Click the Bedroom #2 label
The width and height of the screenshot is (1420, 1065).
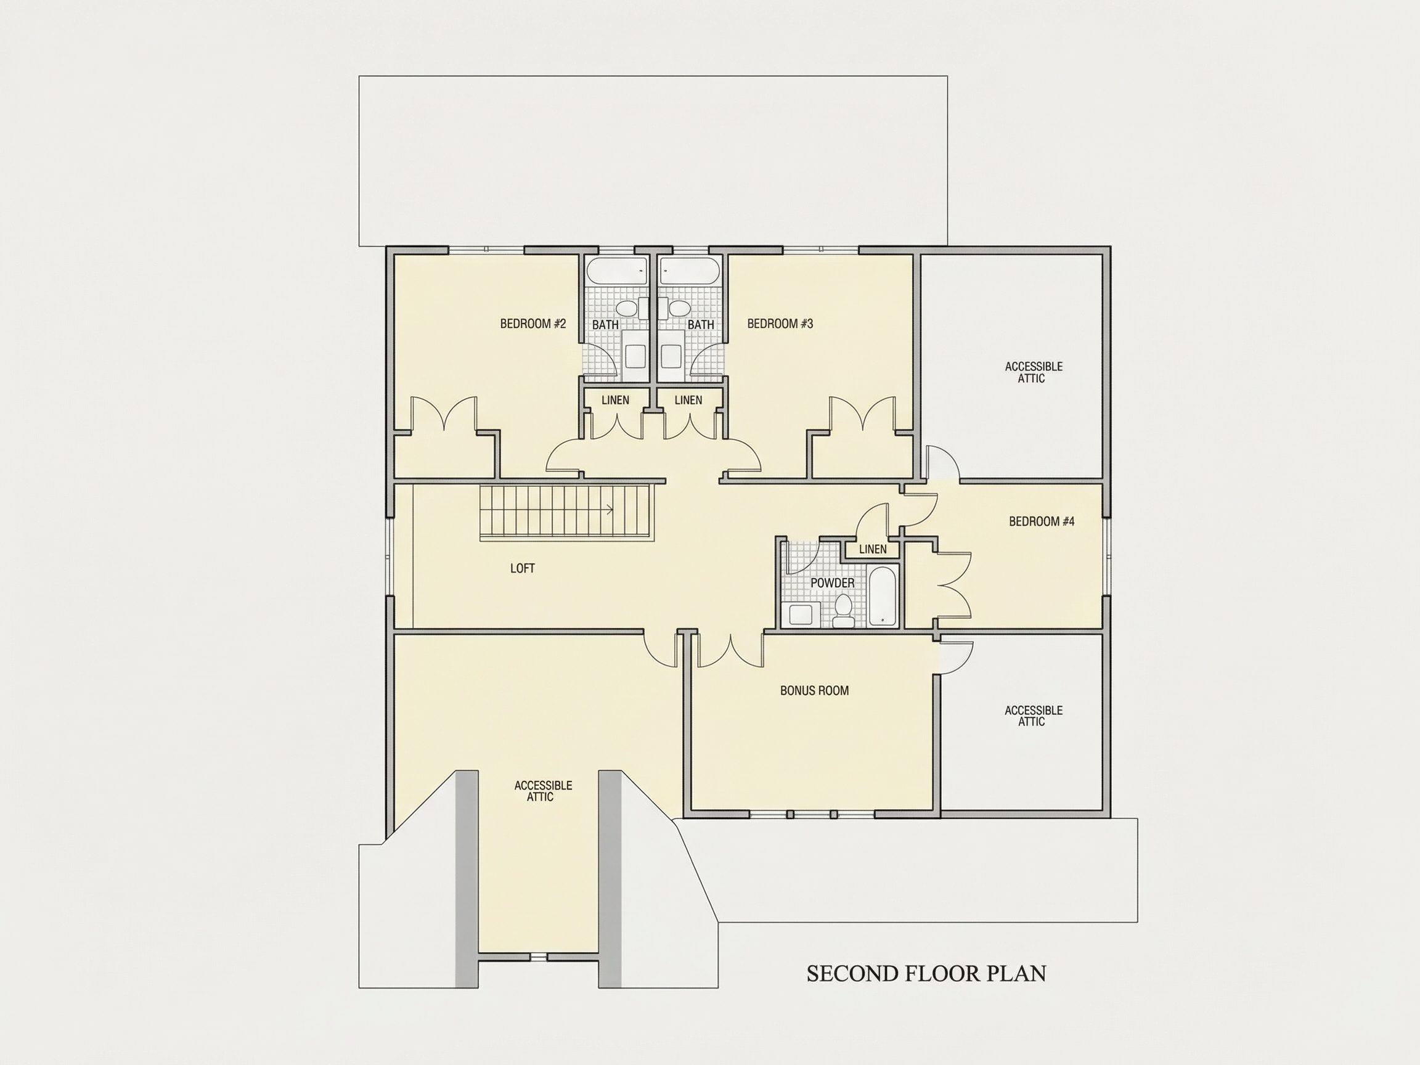pyautogui.click(x=533, y=324)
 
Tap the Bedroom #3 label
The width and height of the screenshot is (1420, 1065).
pyautogui.click(x=780, y=324)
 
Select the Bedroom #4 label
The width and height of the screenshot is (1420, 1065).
pyautogui.click(x=1041, y=521)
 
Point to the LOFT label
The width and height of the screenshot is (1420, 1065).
pyautogui.click(x=523, y=568)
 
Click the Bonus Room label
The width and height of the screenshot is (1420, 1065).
pyautogui.click(x=815, y=691)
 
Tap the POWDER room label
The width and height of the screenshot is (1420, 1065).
pyautogui.click(x=833, y=583)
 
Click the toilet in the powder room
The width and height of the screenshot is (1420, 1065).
pyautogui.click(x=843, y=611)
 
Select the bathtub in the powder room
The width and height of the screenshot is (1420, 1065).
pyautogui.click(x=882, y=597)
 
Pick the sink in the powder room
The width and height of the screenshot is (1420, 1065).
pyautogui.click(x=801, y=614)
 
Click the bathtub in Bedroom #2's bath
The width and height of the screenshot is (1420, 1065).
pyautogui.click(x=617, y=271)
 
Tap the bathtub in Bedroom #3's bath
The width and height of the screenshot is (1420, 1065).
pyautogui.click(x=691, y=271)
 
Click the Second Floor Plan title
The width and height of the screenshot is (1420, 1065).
pyautogui.click(x=926, y=974)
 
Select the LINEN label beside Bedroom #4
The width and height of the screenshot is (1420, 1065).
pyautogui.click(x=873, y=549)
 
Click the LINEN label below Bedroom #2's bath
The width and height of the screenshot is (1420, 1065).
pyautogui.click(x=615, y=400)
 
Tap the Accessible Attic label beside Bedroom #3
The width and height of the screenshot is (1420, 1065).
pyautogui.click(x=1034, y=372)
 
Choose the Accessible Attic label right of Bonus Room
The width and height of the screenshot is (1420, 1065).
pyautogui.click(x=1034, y=716)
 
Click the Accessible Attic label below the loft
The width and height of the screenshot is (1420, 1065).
pyautogui.click(x=543, y=791)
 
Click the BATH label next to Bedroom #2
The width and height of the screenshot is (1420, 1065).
pyautogui.click(x=605, y=325)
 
